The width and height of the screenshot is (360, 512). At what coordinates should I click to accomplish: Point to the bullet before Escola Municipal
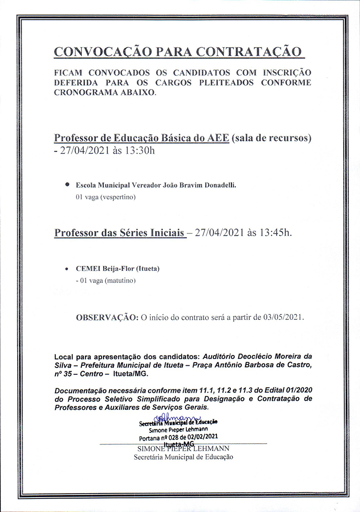coord(67,184)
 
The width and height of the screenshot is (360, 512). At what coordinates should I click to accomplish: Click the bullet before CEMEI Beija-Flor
coord(67,269)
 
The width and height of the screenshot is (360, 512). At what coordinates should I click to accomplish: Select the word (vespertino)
coord(118,197)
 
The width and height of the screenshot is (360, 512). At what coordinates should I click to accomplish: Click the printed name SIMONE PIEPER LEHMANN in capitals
coord(183,449)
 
